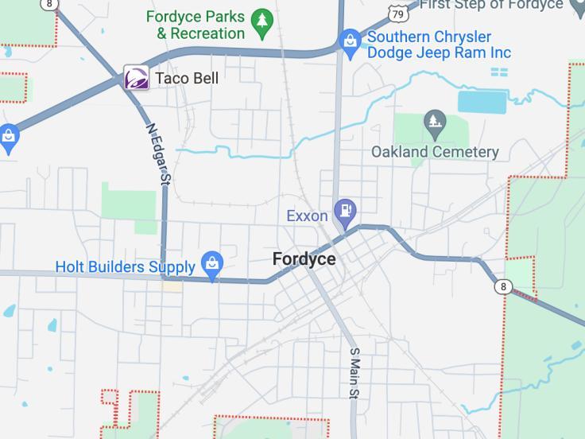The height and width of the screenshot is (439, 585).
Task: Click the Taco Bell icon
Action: pos(137,78)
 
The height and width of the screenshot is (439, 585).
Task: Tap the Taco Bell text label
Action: pos(186,78)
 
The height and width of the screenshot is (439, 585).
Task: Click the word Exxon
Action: pos(307,216)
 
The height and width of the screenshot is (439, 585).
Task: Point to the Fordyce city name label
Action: pos(304,259)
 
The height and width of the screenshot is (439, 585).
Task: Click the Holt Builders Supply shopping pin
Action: pos(211,265)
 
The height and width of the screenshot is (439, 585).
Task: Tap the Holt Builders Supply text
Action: pos(125,266)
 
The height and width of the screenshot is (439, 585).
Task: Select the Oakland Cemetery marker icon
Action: pos(434,122)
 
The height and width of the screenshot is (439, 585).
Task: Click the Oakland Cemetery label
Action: pos(435,151)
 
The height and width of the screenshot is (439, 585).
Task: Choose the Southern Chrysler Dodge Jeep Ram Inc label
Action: pos(439,45)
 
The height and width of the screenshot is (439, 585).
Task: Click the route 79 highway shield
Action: pos(400,14)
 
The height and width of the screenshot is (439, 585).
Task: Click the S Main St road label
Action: pos(354,373)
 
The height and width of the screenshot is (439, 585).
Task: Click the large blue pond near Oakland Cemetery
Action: pos(482,102)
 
